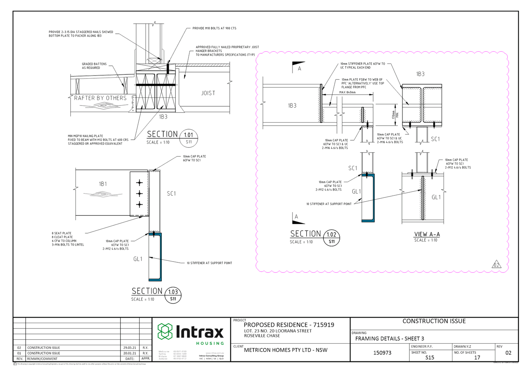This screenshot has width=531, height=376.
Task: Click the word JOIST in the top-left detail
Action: coord(208,93)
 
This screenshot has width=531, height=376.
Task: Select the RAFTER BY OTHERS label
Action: coord(100,98)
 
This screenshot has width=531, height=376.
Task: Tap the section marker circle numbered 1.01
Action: coord(189,138)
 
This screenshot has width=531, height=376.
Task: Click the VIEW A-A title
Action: coord(427,234)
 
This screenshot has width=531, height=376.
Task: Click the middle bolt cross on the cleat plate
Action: coord(139,193)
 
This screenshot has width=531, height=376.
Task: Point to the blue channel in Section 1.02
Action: coord(372,199)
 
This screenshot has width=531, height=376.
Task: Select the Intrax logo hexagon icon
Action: coord(165,331)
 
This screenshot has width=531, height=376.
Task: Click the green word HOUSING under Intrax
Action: coord(210,343)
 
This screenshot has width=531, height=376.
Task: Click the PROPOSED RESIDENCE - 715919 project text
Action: coord(289,325)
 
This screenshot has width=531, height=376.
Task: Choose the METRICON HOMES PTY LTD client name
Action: coord(286,350)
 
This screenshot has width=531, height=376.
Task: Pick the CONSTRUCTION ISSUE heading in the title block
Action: coord(434,321)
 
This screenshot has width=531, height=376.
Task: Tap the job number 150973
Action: coord(382,353)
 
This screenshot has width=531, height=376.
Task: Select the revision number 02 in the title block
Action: coord(508,353)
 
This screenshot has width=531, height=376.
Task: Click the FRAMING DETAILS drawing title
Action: coord(390,339)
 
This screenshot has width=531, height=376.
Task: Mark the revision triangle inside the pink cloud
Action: coord(496,264)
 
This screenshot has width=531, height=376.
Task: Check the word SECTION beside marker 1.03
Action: coord(147,291)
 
